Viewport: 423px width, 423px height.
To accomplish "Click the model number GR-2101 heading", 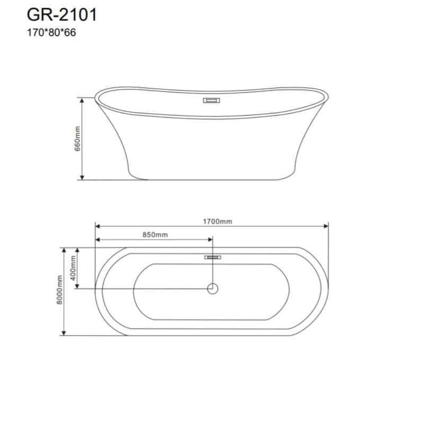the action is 61,15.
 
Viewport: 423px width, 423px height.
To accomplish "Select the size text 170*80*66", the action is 51,33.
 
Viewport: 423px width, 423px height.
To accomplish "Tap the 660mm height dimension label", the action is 77,139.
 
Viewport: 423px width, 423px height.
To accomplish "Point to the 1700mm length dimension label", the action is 217,222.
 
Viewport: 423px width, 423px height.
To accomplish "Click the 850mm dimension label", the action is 155,235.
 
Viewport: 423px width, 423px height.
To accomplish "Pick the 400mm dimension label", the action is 73,268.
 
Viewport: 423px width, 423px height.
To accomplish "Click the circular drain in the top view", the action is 213,288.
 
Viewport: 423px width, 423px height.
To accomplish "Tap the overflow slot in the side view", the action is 211,100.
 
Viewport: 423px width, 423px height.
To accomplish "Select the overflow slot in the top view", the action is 213,257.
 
